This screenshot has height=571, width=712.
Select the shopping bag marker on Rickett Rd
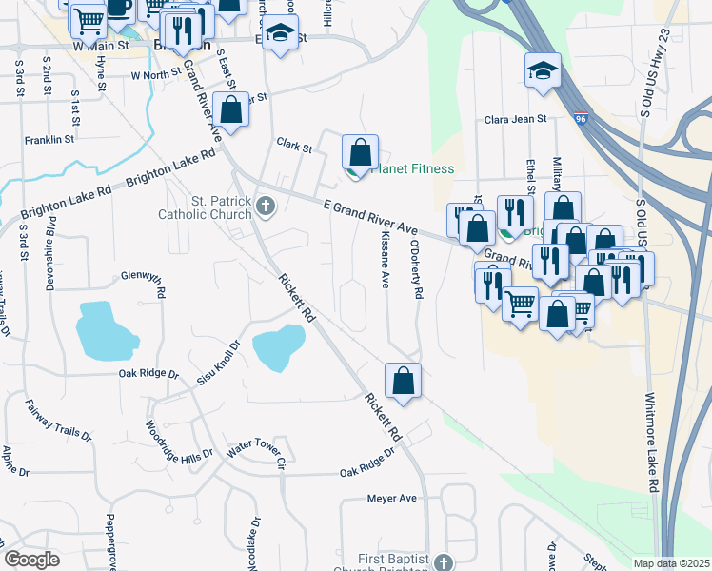[404, 381]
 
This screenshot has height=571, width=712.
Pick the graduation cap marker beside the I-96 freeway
[543, 70]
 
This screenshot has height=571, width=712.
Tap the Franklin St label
[50, 139]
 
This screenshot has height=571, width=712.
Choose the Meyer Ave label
[392, 498]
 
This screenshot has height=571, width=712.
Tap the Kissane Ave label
[386, 257]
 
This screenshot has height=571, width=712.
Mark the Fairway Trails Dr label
[58, 420]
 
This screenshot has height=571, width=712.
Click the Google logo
[32, 560]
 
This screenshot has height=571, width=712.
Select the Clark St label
[294, 147]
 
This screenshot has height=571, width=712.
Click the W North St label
[156, 74]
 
